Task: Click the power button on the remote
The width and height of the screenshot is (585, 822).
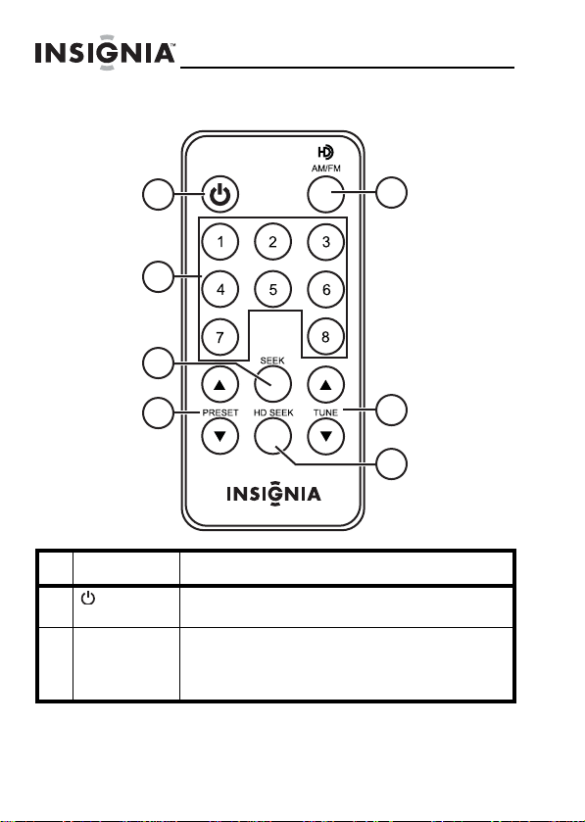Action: pyautogui.click(x=220, y=195)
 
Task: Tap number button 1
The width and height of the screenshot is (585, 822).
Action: pyautogui.click(x=220, y=242)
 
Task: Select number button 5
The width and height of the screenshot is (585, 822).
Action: pyautogui.click(x=272, y=289)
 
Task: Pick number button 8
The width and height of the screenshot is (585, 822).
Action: pyautogui.click(x=325, y=337)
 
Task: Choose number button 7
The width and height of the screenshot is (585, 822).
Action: pyautogui.click(x=220, y=337)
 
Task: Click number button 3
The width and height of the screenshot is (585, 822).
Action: pyautogui.click(x=325, y=242)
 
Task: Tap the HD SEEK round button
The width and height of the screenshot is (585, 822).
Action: pyautogui.click(x=272, y=436)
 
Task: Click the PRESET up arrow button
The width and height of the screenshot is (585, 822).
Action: pyautogui.click(x=220, y=385)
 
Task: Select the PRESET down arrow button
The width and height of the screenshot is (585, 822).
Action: pyautogui.click(x=220, y=436)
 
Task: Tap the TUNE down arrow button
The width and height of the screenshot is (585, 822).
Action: pyautogui.click(x=325, y=436)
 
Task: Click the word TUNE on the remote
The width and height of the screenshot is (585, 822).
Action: pyautogui.click(x=325, y=412)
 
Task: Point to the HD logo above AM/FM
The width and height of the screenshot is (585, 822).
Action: pyautogui.click(x=325, y=153)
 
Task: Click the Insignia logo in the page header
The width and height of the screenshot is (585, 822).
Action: pyautogui.click(x=105, y=53)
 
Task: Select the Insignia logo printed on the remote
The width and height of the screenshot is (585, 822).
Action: pyautogui.click(x=273, y=495)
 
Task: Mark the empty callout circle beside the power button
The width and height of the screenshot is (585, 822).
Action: pyautogui.click(x=158, y=195)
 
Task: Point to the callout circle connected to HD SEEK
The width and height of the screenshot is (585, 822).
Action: pyautogui.click(x=392, y=464)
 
